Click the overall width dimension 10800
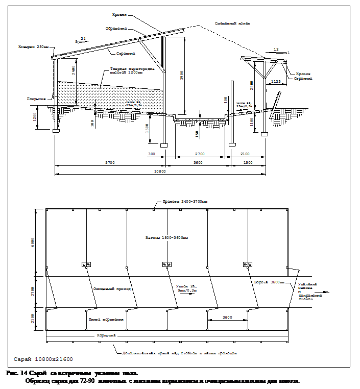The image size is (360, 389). coord(160,171)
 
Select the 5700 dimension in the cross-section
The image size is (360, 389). coord(110,162)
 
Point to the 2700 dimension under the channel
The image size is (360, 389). coord(201,153)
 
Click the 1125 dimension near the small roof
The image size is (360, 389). coord(276,81)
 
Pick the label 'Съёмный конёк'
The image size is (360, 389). coord(232,23)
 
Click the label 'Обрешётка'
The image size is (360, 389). coord(116,29)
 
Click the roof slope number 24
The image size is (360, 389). coord(83,38)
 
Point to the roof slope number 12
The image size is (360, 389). coord(276,49)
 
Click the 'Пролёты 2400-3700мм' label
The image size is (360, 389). coord(185,202)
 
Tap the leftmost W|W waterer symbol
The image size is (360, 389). coord(86,264)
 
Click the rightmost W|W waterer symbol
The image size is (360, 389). coord(248,264)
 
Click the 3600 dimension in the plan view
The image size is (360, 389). coord(227,317)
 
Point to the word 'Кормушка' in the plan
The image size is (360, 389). coord(107,335)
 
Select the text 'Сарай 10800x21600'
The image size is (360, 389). coord(43,359)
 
